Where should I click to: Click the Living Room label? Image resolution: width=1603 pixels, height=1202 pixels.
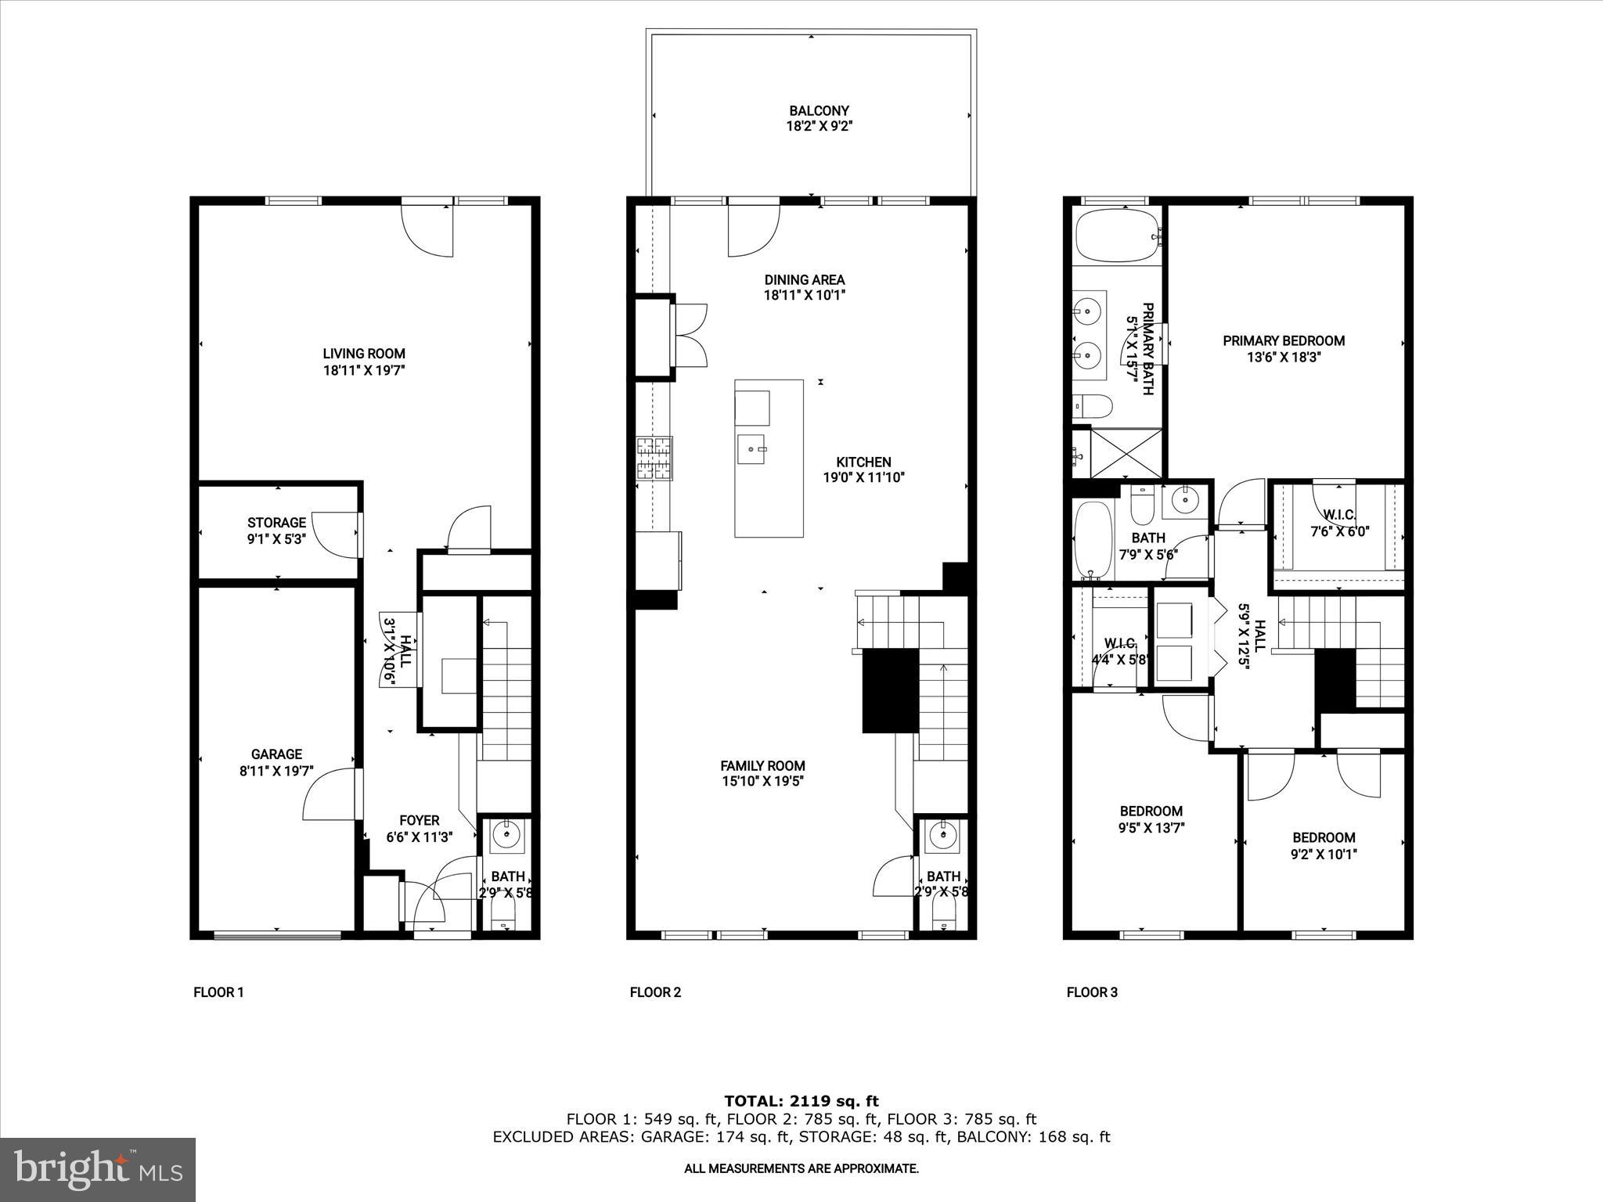click(364, 353)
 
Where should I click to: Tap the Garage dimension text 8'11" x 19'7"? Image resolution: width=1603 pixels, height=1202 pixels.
click(276, 771)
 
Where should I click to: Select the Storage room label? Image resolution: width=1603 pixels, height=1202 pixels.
click(276, 523)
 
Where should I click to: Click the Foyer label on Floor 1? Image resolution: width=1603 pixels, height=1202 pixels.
click(420, 820)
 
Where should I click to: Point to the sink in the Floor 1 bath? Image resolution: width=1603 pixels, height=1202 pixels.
click(507, 836)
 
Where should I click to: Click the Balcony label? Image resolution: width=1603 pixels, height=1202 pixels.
click(819, 111)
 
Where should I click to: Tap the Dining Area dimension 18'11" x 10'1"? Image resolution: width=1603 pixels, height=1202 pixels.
click(805, 296)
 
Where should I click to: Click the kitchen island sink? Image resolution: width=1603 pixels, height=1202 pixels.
click(753, 449)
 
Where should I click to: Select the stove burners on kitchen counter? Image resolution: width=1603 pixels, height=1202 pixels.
click(654, 459)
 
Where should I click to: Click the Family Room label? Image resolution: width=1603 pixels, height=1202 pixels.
click(762, 766)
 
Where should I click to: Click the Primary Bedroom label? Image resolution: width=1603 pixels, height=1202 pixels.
click(1284, 340)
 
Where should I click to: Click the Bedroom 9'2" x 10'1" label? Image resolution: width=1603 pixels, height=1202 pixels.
click(1324, 837)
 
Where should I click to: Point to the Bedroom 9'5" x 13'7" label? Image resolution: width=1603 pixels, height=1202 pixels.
click(1151, 811)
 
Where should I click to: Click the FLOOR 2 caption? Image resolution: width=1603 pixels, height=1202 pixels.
click(655, 992)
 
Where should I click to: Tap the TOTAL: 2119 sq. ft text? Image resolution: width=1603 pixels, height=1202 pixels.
click(801, 1101)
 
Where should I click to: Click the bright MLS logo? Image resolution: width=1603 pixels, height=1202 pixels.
click(98, 1169)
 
